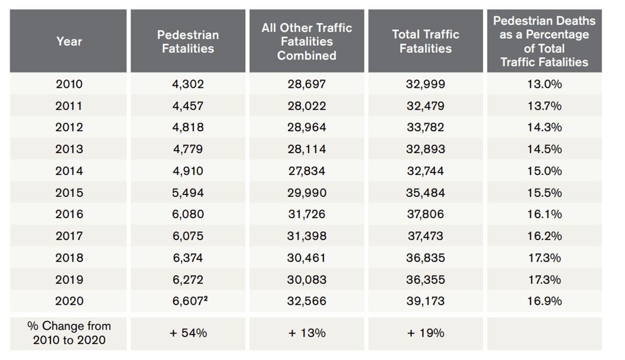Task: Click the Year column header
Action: point(69,42)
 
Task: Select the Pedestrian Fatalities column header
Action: point(188,42)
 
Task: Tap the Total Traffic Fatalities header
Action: point(425,42)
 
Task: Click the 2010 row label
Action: point(69,84)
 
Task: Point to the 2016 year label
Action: point(69,214)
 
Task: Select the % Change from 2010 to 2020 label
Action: point(69,333)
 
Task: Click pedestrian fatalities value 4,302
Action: point(188,84)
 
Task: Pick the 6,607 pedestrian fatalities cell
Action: point(186,301)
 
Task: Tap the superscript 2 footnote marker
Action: point(205,298)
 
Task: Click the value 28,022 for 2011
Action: point(306,106)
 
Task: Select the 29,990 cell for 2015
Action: point(306,193)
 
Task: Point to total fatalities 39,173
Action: point(425,301)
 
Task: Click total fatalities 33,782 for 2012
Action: point(425,128)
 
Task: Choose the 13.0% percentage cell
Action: point(544,84)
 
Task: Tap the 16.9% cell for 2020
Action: point(544,301)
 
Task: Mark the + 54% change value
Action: point(188,333)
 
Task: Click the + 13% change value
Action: point(306,333)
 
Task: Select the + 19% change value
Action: point(425,333)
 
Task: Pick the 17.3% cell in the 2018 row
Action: point(544,258)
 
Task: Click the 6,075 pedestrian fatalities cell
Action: point(188,236)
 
